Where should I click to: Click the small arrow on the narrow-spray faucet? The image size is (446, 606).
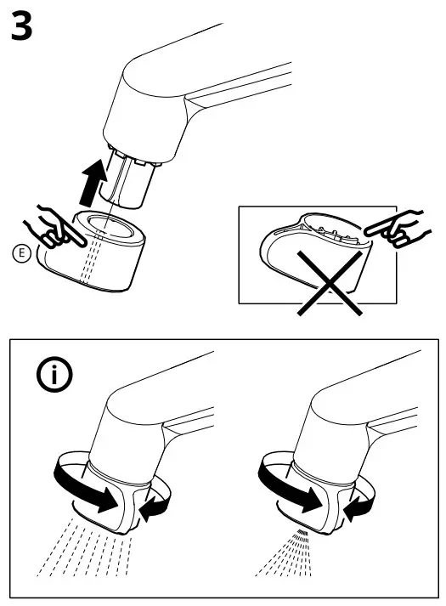358,507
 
